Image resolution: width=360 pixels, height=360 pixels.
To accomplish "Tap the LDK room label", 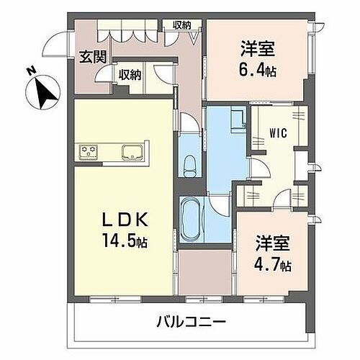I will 130,218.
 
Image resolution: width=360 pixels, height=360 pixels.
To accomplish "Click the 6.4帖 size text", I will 256,70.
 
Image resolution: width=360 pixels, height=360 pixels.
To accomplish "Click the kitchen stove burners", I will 89,151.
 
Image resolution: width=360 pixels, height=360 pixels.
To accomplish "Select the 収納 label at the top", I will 182,25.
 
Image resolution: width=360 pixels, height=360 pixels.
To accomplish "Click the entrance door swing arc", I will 52,45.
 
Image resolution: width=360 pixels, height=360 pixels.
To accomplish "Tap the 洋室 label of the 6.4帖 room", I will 257,50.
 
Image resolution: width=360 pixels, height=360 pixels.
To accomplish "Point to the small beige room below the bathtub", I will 204,273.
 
